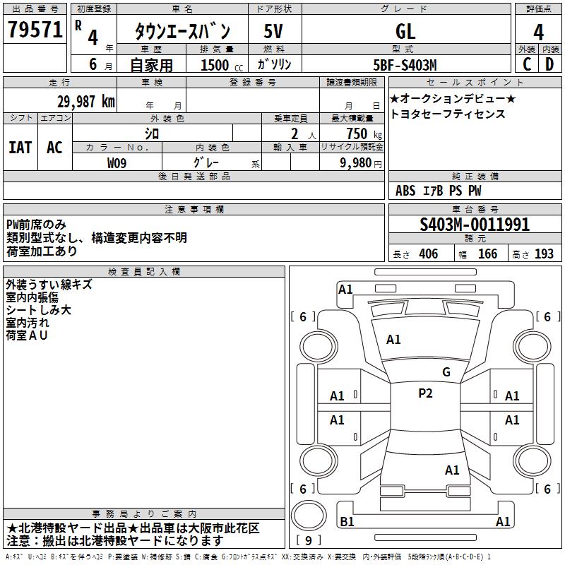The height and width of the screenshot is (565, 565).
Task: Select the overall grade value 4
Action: coord(538,32)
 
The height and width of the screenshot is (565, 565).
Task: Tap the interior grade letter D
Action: coord(549,64)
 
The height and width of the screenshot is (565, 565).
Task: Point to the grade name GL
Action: coord(405,32)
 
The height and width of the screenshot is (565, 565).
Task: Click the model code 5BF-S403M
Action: coord(405,65)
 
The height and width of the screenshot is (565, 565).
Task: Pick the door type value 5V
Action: coord(274,32)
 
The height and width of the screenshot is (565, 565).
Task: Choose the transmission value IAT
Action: coord(20,147)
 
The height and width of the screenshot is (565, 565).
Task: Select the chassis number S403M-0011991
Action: coord(475,225)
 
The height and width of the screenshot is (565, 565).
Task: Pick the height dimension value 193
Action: coord(544,254)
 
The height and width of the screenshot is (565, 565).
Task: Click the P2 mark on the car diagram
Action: coord(425,393)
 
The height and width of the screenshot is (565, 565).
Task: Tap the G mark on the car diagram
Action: coord(446,372)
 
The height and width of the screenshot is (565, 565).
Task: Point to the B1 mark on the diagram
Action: coord(347,522)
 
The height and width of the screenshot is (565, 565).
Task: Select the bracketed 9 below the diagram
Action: coord(309,541)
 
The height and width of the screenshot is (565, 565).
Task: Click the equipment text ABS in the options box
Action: coord(405,191)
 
